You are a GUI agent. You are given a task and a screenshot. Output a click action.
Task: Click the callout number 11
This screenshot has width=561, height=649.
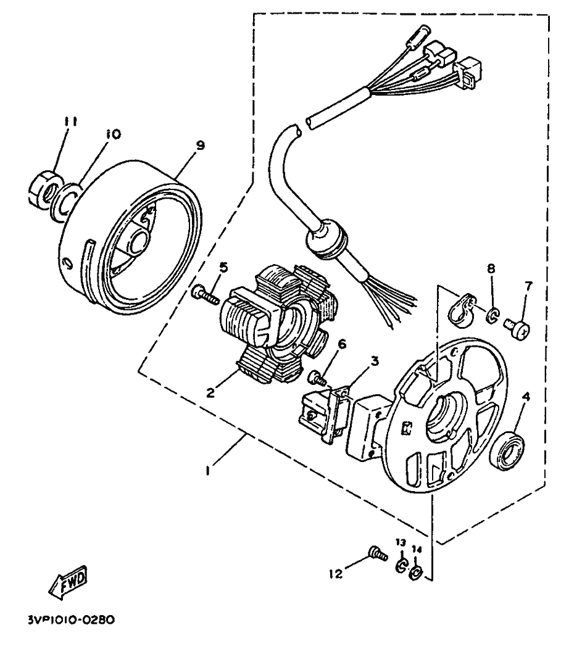[71, 122]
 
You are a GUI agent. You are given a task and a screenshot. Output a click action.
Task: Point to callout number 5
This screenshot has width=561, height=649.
[223, 267]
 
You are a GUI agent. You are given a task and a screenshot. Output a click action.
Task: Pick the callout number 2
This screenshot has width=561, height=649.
[210, 392]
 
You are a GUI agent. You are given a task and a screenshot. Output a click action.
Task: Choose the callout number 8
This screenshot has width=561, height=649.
[491, 268]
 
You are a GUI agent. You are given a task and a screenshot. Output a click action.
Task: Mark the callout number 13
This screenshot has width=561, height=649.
[400, 542]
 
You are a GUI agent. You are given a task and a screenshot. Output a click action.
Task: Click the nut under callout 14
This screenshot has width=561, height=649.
[415, 571]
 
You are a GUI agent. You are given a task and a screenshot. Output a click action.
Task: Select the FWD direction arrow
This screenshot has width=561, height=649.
[68, 582]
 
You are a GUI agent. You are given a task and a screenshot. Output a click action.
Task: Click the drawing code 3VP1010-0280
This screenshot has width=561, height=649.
[72, 619]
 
